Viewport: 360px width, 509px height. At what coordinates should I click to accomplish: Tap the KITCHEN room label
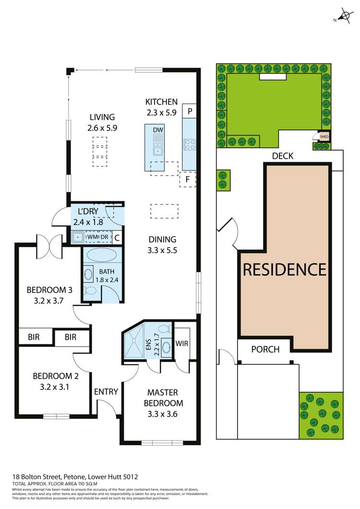162,102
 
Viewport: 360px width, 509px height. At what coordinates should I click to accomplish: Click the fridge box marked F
188,179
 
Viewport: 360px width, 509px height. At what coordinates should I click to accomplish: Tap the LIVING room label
101,117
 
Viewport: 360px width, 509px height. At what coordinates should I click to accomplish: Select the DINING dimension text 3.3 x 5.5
163,250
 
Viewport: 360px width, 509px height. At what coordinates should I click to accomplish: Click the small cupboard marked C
117,237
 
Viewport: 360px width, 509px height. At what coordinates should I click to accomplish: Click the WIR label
182,344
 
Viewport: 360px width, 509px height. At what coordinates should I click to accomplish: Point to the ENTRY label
106,392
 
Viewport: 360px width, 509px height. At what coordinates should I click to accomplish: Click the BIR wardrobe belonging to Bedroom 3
34,337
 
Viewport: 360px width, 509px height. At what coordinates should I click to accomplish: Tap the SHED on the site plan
324,136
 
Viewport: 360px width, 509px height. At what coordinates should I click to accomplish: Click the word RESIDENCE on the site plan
285,269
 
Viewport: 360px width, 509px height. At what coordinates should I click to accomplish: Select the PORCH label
265,349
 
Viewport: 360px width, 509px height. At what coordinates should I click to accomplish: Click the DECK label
282,156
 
